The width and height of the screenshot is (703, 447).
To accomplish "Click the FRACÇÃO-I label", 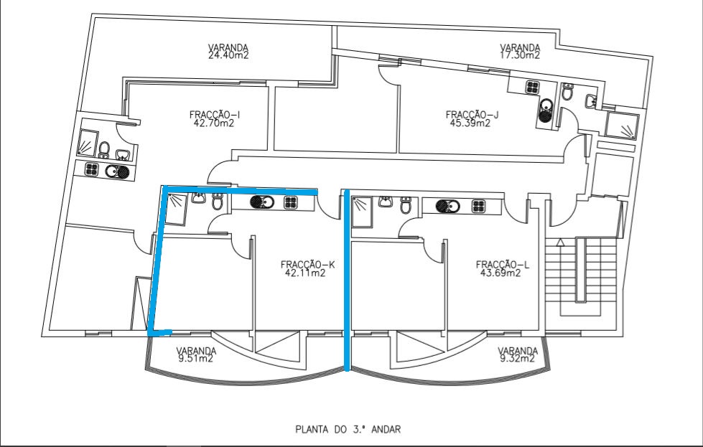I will pyautogui.click(x=214, y=114).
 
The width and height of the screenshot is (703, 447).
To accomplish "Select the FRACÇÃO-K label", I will pyautogui.click(x=307, y=264).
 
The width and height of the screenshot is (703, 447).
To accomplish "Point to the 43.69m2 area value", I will pyautogui.click(x=503, y=273).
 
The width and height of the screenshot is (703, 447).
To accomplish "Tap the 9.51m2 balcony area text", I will pyautogui.click(x=197, y=359).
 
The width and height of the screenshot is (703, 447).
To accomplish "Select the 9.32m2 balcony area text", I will pyautogui.click(x=518, y=359).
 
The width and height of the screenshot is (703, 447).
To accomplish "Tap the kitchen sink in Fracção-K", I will pyautogui.click(x=263, y=202).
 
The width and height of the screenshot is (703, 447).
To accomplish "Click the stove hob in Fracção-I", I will pyautogui.click(x=92, y=170).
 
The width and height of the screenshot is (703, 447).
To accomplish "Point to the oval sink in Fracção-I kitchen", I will pyautogui.click(x=117, y=171).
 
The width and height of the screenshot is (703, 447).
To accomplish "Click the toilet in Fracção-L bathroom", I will pyautogui.click(x=406, y=207).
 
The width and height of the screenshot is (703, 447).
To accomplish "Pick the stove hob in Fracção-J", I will pyautogui.click(x=532, y=87).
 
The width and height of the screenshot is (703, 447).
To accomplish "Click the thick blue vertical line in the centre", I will pyautogui.click(x=348, y=280).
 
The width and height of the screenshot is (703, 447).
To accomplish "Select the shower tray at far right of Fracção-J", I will pyautogui.click(x=621, y=126).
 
